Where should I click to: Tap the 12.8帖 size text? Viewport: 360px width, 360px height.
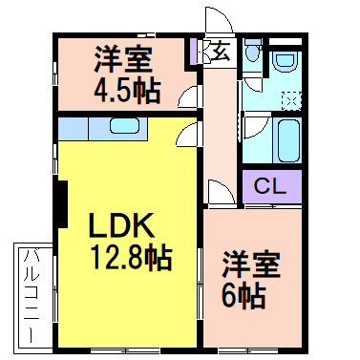coord(131,258)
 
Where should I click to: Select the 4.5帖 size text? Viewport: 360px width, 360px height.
coord(127,93)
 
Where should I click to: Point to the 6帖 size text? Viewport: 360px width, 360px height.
coord(246,295)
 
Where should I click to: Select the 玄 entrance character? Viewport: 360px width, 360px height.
coord(220,51)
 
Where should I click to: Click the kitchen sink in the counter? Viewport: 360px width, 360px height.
coord(124,126)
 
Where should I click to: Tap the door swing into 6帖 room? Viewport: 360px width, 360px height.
coord(219,191)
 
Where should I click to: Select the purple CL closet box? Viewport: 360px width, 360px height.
coord(270,184)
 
